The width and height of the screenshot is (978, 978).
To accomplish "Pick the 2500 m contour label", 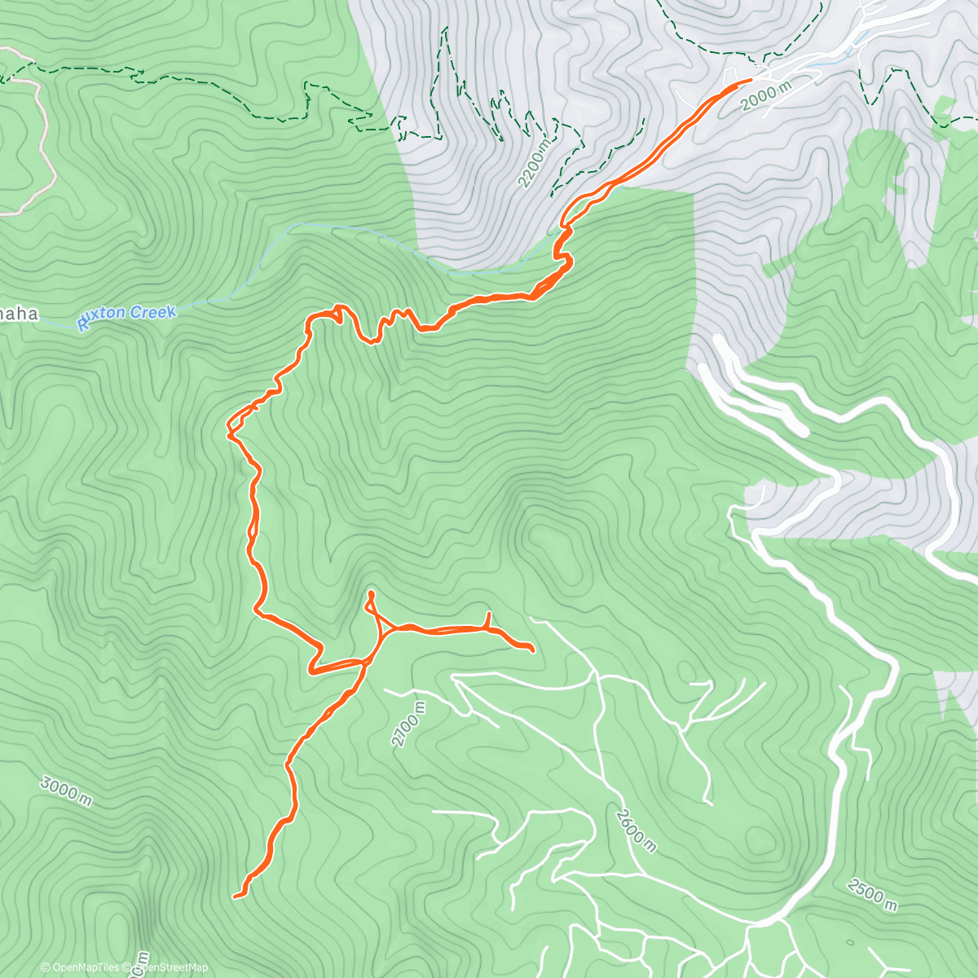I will tap(872, 894).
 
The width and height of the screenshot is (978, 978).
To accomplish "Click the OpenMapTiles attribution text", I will tap(86, 967).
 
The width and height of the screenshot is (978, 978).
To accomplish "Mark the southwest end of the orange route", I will tap(236, 896).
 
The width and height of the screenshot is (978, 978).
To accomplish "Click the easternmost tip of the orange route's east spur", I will tap(532, 650).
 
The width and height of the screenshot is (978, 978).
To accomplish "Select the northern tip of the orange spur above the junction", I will tap(371, 593).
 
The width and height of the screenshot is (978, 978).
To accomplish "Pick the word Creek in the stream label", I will tap(154, 313).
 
